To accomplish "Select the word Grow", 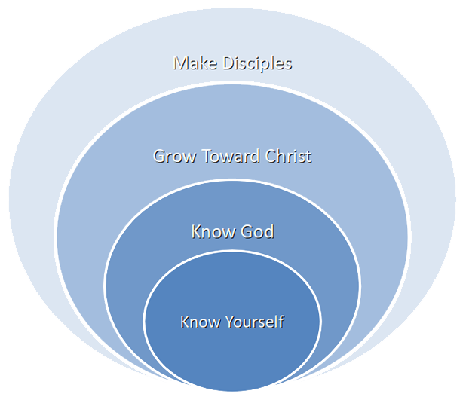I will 170,157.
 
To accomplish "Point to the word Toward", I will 225,157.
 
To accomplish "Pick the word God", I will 256,231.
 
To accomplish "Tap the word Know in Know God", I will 210,231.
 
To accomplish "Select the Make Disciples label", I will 232,63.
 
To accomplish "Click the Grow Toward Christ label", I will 232,157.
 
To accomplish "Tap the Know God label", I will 232,231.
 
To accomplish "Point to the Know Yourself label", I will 232,322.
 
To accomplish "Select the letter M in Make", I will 181,63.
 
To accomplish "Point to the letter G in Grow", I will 159,157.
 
